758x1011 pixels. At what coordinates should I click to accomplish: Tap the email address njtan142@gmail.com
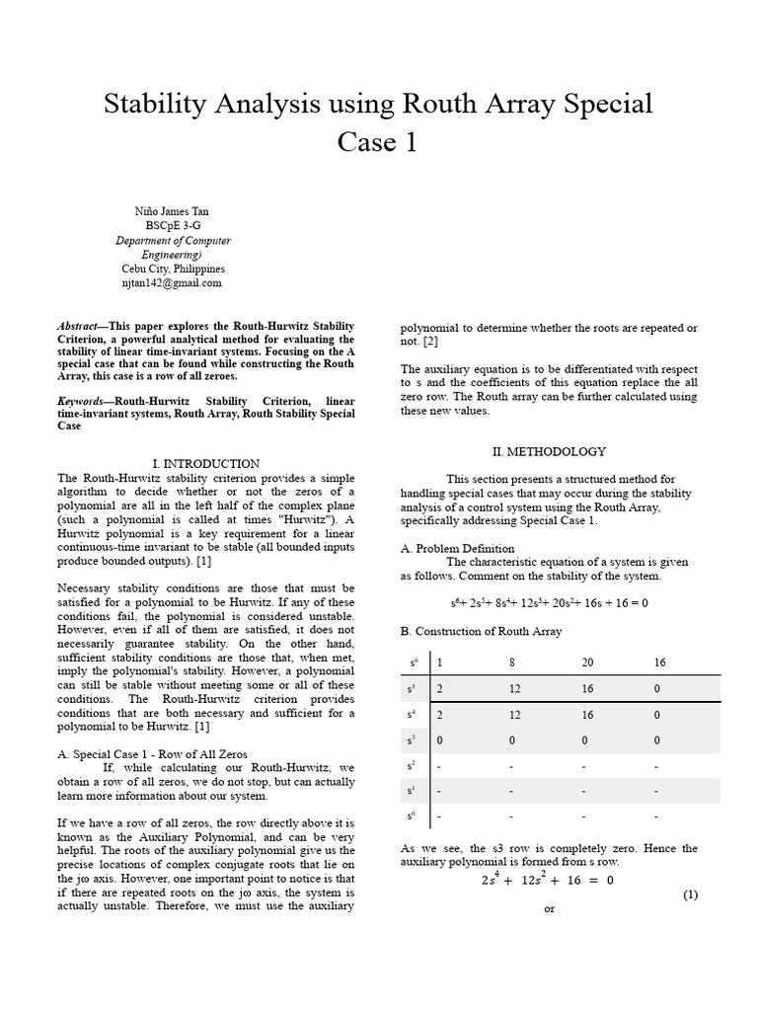click(172, 282)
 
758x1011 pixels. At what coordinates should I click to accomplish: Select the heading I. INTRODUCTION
click(206, 463)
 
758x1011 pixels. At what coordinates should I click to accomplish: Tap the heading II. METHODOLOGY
click(549, 451)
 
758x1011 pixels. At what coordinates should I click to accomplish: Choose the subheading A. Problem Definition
click(457, 549)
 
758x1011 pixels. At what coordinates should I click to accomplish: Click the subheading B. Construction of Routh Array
click(481, 631)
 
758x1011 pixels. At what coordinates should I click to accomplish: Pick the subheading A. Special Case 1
click(123, 753)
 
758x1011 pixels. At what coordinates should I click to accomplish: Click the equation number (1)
click(689, 894)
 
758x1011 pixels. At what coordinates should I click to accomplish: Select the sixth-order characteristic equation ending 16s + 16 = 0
click(549, 603)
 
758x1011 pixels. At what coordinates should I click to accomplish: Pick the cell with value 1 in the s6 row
click(439, 662)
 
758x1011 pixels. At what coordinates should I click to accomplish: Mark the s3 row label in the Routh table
click(413, 739)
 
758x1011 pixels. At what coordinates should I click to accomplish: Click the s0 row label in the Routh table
click(413, 817)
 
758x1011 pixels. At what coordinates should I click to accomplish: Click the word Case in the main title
click(366, 143)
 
